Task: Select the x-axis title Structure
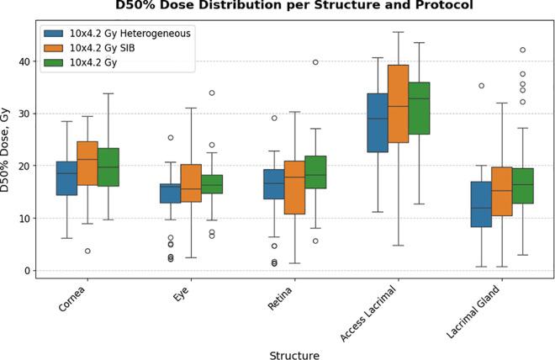[293, 355]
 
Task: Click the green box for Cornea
[109, 167]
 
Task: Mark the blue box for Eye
[171, 193]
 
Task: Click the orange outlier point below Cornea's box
[87, 251]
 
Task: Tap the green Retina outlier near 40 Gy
[316, 62]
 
